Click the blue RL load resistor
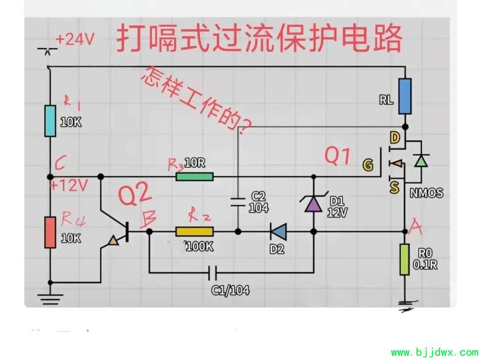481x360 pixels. click(x=405, y=96)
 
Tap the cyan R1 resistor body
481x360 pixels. click(x=50, y=121)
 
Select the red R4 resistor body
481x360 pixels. click(x=50, y=232)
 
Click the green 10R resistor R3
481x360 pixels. click(x=195, y=177)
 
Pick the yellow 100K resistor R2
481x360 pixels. click(x=195, y=232)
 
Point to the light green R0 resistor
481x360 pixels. click(x=404, y=259)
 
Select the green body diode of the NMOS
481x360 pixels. click(x=421, y=160)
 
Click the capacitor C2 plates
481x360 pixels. click(x=238, y=202)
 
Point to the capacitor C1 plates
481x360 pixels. click(x=212, y=273)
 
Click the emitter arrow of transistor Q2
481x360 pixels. click(x=113, y=241)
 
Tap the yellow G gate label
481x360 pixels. click(x=368, y=165)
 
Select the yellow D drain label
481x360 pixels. click(x=395, y=138)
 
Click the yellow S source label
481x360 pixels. click(x=395, y=187)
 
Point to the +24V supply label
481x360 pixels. click(x=75, y=39)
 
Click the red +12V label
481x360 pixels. click(x=69, y=186)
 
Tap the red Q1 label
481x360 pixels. click(x=338, y=156)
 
